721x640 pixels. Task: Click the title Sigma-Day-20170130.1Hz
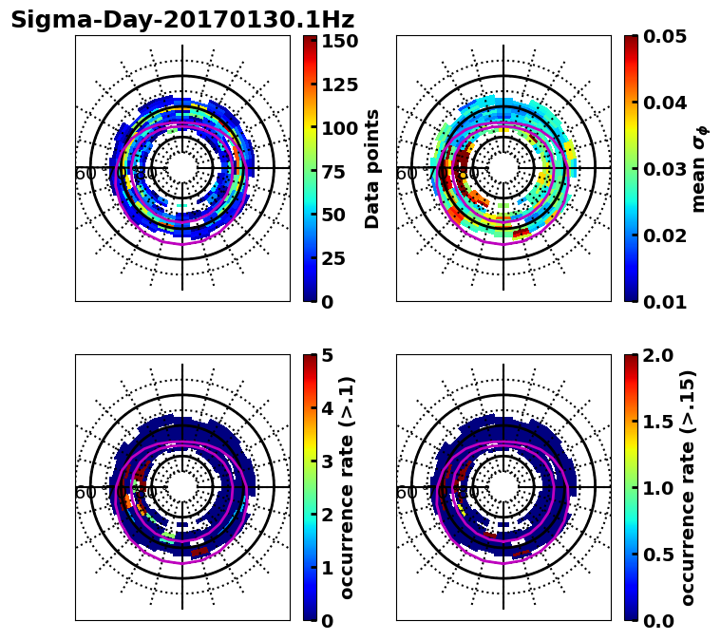(182, 20)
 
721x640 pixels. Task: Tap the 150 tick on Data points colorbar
(339, 41)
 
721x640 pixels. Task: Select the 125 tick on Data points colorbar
(339, 85)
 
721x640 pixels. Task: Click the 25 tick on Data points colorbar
(339, 258)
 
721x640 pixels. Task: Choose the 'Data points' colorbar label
(372, 168)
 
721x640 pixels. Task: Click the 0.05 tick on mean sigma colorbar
(665, 36)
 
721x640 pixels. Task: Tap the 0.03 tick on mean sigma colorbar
(665, 169)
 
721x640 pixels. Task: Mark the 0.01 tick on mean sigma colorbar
(665, 302)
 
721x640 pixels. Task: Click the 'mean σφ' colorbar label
(699, 168)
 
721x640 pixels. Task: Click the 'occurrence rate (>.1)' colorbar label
(348, 487)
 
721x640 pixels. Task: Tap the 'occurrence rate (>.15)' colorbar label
(689, 487)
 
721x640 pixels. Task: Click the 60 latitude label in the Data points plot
(85, 174)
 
